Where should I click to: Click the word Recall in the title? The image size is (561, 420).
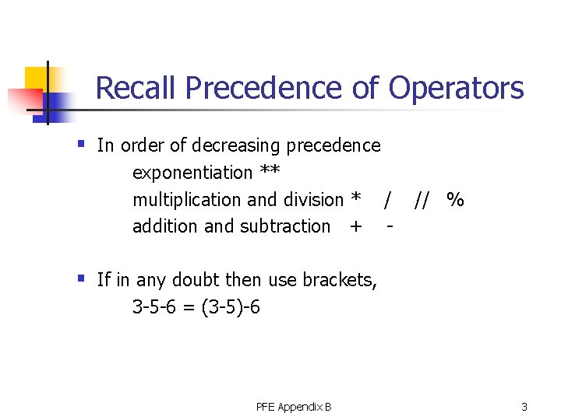136,88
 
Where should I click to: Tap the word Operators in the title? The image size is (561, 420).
456,88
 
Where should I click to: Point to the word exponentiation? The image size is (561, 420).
192,173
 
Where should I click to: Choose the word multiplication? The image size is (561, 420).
188,200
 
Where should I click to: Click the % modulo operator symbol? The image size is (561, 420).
456,200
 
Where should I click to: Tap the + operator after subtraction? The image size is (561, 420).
356,226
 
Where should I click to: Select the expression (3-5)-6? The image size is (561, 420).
231,307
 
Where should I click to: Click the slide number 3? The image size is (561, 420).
524,407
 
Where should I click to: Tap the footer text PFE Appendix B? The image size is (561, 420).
293,407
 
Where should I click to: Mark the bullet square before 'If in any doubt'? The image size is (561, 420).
81,277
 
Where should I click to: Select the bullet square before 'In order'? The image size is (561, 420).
81,143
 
